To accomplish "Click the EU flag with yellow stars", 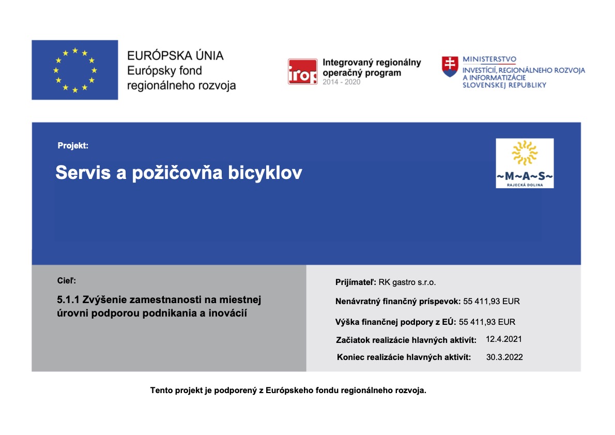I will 74,70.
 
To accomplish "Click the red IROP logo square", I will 302,71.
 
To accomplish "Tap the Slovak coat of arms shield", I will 450,67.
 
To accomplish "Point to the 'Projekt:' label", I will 73,146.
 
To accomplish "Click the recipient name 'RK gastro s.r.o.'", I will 407,282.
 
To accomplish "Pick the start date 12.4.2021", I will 504,339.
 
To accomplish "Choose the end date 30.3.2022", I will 504,357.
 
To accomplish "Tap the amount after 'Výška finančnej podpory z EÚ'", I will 487,322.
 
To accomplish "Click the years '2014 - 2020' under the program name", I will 341,82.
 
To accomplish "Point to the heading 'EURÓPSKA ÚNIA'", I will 175,56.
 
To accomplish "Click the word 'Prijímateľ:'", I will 356,282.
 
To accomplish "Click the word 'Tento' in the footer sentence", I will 161,391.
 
